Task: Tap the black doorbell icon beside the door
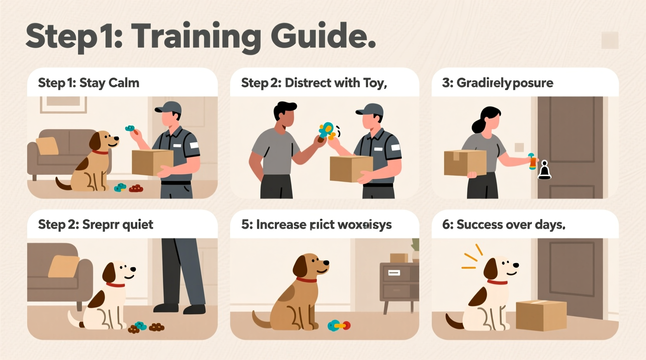[544, 170]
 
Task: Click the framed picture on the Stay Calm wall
[63, 104]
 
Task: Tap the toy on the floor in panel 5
[339, 325]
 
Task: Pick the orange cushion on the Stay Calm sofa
[47, 146]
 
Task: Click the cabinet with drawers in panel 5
[399, 282]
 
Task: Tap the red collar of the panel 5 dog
[306, 280]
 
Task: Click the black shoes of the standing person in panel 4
[179, 309]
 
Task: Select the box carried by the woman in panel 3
[465, 162]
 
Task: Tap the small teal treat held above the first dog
[130, 128]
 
